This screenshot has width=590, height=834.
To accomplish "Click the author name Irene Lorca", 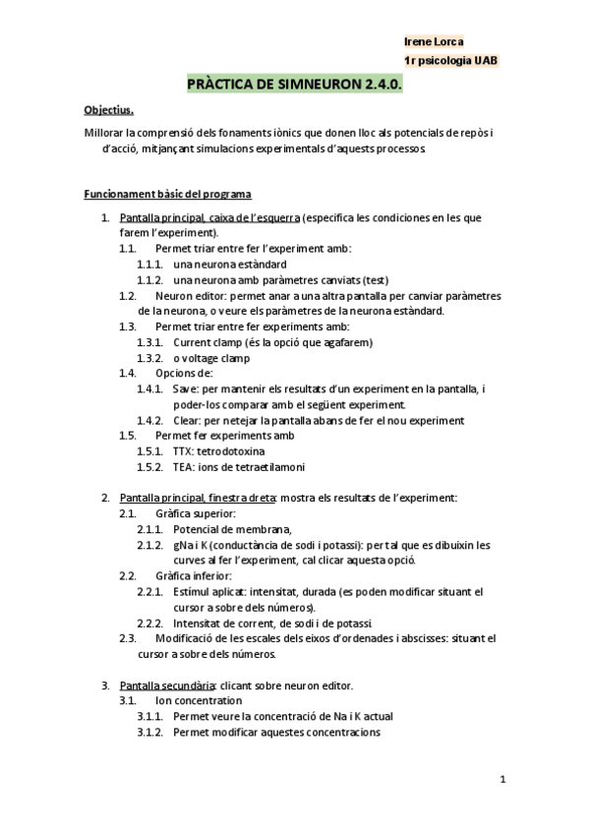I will coord(434,41).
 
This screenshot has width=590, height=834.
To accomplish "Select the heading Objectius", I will coord(108,111).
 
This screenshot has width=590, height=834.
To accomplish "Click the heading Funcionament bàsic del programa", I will coord(168,194).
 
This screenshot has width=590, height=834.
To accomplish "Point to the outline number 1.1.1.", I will coord(149,265).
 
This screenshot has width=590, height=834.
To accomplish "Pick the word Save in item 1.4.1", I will coord(185,388).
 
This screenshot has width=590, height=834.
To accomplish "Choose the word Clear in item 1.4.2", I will coord(186,420).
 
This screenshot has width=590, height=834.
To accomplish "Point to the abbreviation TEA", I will coord(182,467).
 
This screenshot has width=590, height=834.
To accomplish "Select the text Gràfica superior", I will coord(195,513).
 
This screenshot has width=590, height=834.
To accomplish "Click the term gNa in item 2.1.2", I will coord(183,545).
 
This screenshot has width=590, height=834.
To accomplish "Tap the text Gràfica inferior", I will coord(194,576).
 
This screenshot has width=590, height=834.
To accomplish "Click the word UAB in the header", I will coord(485,61).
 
